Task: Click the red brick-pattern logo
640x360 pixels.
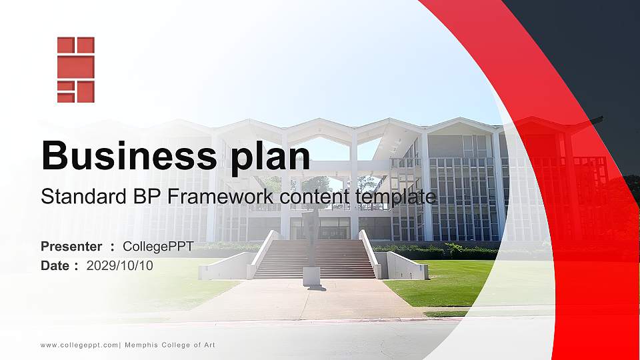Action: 75,70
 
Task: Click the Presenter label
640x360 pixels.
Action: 71,247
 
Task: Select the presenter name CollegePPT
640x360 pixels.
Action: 158,247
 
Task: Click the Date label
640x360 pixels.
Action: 55,265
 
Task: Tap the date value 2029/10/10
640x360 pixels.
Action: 120,265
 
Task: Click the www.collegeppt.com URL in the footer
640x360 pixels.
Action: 79,345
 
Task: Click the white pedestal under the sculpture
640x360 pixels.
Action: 311,275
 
